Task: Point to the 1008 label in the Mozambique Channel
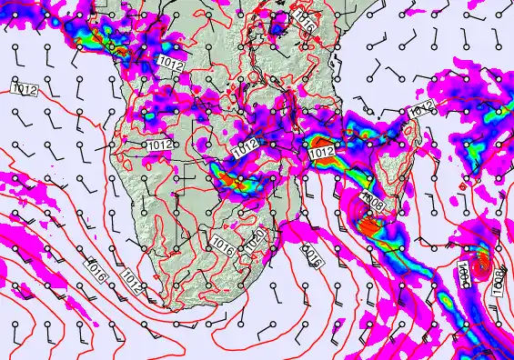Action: tap(373, 199)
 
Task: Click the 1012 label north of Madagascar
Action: tap(420, 110)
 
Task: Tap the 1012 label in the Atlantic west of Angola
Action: tap(25, 89)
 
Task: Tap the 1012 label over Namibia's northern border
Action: tap(160, 145)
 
